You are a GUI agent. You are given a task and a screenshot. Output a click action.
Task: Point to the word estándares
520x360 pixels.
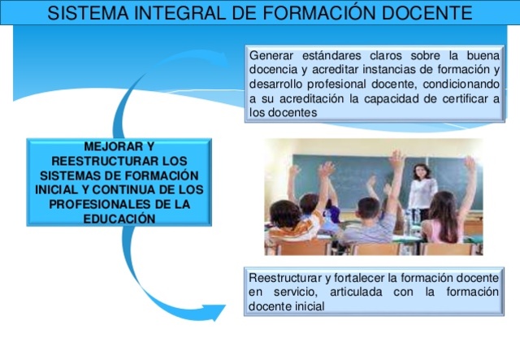pyautogui.click(x=333, y=55)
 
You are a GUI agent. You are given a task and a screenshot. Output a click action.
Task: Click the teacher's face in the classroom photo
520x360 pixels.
pyautogui.click(x=421, y=171)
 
